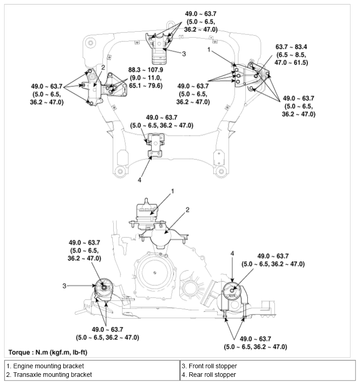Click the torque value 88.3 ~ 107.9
(145, 70)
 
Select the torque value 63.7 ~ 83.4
(291, 47)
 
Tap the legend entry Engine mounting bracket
(45, 366)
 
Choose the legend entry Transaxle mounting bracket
(49, 375)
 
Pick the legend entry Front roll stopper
(209, 366)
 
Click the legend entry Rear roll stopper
(209, 375)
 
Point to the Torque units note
(48, 352)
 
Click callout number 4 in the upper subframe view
(139, 180)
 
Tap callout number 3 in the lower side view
(64, 286)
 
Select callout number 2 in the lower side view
(187, 210)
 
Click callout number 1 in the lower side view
(173, 191)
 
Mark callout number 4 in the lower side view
(232, 253)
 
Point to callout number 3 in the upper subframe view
(184, 54)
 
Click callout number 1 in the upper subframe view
(209, 50)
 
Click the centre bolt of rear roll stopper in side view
(232, 290)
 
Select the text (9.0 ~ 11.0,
(145, 78)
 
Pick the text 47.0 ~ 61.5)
(291, 63)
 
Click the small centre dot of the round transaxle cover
(154, 273)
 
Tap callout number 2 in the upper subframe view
(103, 67)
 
